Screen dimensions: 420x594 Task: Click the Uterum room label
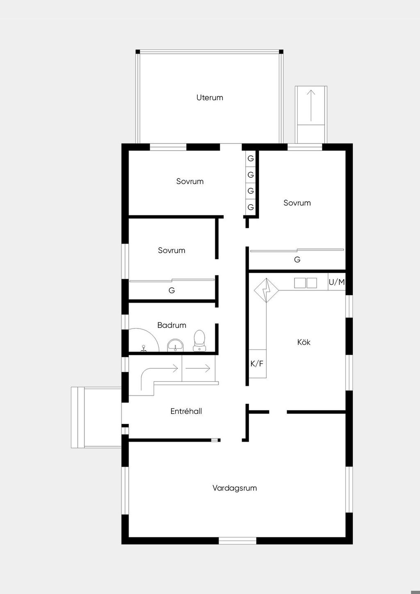210,98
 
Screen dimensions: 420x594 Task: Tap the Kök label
304,342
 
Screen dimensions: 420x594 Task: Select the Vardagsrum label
234,488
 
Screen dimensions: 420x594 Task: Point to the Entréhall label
186,411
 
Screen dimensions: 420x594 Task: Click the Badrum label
171,325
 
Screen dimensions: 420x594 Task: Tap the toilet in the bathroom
199,340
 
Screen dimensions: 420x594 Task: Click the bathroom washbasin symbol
175,345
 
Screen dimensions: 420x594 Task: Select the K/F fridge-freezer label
257,363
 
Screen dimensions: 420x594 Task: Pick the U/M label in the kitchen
336,282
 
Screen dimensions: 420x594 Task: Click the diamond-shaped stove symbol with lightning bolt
266,290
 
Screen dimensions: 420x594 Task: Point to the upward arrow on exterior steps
311,105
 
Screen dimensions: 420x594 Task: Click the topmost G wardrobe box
251,158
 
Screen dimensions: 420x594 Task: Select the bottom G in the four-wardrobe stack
251,207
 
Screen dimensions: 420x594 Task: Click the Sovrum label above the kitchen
297,203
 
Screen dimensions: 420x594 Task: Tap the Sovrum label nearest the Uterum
190,181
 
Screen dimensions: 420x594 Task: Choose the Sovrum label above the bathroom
171,250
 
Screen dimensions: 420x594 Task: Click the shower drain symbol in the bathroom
144,348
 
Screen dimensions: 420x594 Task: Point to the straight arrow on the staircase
198,368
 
